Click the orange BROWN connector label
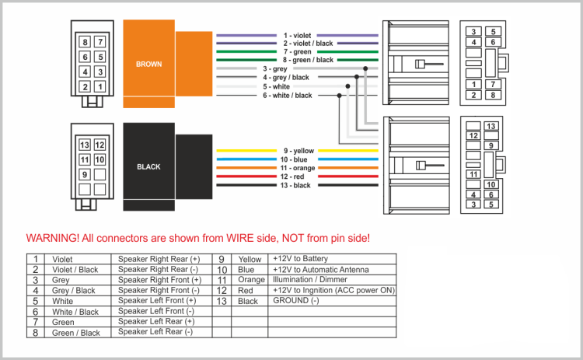coord(148,64)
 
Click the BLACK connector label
coord(148,166)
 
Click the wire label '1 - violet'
coord(297,35)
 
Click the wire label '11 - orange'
coord(297,168)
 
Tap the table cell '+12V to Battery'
coord(300,258)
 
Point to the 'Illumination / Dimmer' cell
coord(309,279)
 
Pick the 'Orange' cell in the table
coord(251,280)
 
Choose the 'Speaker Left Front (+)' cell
coord(157,301)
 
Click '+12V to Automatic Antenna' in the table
coord(320,269)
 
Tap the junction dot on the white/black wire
coord(339,95)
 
